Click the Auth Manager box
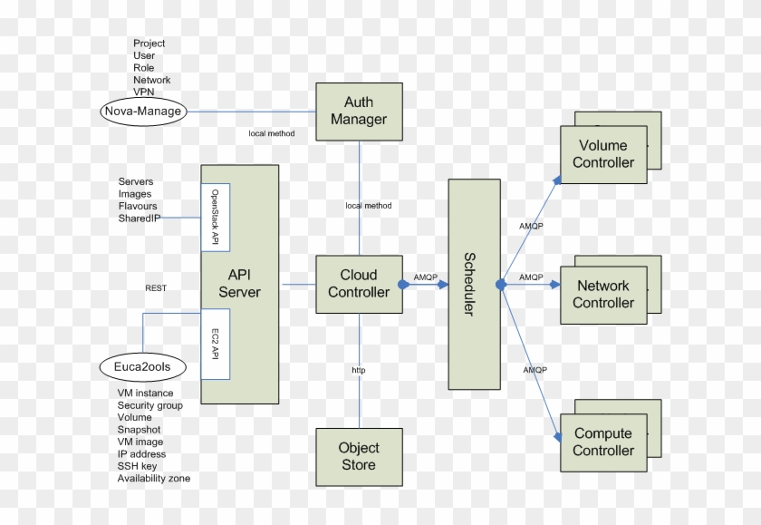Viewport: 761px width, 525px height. (x=358, y=112)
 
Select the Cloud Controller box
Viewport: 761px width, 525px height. (x=358, y=284)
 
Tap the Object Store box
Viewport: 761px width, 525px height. (x=358, y=456)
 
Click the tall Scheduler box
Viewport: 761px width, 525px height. (x=474, y=285)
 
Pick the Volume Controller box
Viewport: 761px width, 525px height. (x=603, y=154)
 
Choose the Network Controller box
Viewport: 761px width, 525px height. (x=603, y=295)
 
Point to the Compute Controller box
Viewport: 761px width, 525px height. (x=603, y=442)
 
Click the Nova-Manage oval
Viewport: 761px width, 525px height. (x=142, y=112)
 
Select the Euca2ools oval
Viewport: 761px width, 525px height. (x=143, y=367)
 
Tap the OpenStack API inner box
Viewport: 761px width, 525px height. (x=216, y=219)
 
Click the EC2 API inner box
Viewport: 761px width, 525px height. (x=216, y=344)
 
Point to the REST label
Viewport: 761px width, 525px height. (x=156, y=288)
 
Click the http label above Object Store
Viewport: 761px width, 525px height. (x=359, y=371)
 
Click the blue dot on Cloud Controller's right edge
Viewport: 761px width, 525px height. (x=403, y=285)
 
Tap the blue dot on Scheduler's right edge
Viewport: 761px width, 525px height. (x=500, y=285)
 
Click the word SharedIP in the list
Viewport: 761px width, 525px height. (x=140, y=219)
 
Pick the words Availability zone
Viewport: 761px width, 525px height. (x=153, y=478)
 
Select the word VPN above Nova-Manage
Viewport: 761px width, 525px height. (x=143, y=92)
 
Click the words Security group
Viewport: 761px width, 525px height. (x=149, y=405)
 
